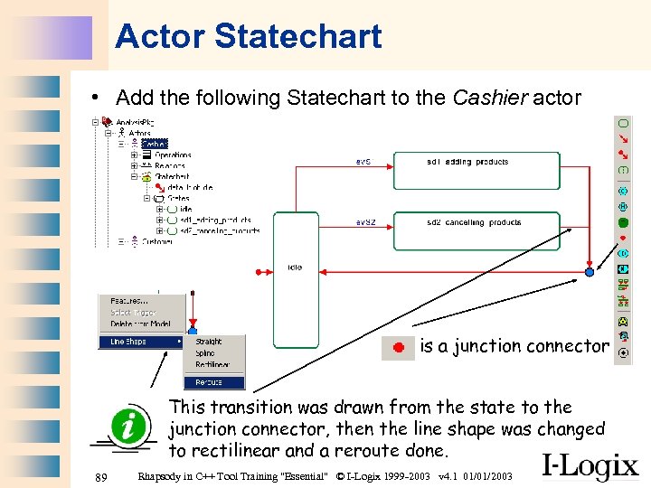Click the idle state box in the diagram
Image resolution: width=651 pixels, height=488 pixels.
295,280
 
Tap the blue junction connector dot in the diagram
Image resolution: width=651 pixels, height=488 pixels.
590,271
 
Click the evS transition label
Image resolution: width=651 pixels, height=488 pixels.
363,163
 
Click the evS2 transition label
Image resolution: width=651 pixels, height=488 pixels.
364,222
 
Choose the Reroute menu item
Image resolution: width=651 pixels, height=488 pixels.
209,382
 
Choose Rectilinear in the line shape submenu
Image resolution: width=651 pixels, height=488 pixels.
212,365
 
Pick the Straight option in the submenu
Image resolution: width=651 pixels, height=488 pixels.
209,342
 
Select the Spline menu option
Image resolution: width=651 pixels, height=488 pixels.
207,353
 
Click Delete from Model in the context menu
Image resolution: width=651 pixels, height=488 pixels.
142,324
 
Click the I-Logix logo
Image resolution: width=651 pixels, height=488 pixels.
590,465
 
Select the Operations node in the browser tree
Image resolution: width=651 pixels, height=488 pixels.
173,155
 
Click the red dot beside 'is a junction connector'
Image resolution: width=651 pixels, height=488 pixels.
398,347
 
